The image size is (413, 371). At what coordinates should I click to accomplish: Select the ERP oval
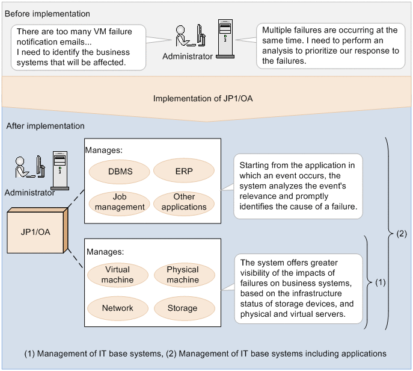point(184,171)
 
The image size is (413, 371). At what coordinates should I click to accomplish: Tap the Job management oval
point(120,202)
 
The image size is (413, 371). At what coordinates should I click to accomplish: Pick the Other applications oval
point(184,202)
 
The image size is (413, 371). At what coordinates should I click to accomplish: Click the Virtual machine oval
point(117,275)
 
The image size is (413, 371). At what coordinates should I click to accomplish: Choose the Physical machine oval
point(183,275)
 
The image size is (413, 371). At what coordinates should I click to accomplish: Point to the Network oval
point(117,308)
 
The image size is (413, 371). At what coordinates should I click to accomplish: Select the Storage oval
point(183,308)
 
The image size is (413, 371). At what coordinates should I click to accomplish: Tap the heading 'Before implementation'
point(47,14)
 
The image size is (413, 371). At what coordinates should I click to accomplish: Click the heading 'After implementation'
point(45,126)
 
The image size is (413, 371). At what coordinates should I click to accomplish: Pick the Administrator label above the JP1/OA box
point(29,193)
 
